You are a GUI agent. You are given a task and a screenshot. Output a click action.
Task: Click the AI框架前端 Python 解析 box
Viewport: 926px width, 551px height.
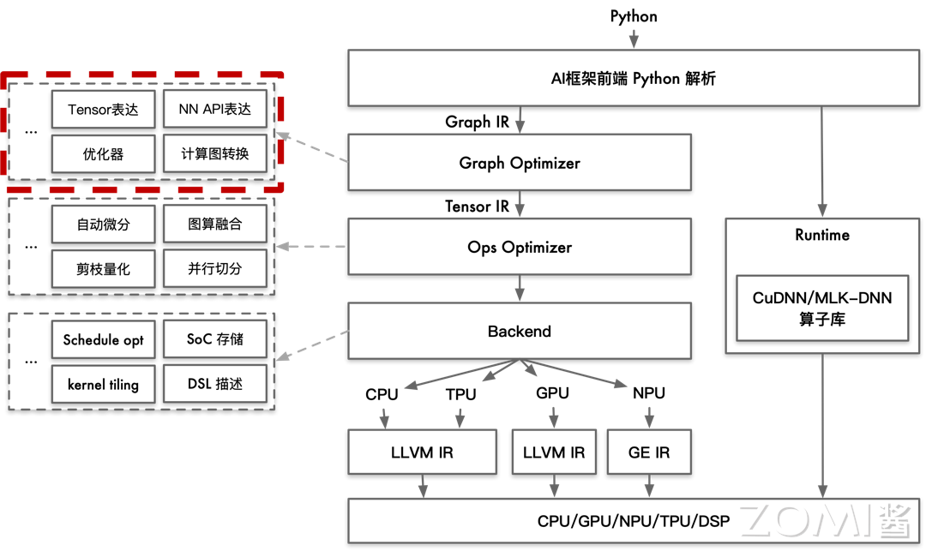[633, 78]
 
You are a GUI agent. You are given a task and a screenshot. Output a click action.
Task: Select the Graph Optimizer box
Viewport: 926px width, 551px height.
[520, 163]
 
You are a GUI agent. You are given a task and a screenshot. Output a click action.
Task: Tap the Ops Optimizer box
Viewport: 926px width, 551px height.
[520, 247]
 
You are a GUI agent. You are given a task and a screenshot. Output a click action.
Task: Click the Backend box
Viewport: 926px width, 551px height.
[520, 331]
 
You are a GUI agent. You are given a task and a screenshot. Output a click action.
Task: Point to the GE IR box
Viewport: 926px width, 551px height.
[648, 452]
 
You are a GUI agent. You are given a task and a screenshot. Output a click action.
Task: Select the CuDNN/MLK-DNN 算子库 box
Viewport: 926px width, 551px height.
[821, 308]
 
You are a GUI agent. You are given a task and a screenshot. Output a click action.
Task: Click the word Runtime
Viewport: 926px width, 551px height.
[821, 235]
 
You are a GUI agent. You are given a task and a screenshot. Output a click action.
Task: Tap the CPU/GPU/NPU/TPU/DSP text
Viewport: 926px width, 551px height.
[633, 520]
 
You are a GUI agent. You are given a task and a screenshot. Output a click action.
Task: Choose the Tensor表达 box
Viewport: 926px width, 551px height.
[103, 110]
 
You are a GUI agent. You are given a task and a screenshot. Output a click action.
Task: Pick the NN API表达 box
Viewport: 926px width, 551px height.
[214, 110]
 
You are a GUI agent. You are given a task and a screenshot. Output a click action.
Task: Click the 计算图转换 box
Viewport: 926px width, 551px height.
[214, 154]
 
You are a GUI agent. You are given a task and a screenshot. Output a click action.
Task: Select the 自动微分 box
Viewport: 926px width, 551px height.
[103, 225]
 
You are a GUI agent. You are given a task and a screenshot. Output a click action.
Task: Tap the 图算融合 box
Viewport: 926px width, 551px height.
[214, 225]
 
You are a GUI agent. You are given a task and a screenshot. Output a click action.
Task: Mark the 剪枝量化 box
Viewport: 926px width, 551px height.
[103, 269]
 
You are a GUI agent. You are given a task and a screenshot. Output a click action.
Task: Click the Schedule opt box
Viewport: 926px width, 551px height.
[103, 339]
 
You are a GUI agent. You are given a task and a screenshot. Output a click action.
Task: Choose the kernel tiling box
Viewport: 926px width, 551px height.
[103, 384]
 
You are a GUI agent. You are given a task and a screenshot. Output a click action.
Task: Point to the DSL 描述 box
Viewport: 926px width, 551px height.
[214, 384]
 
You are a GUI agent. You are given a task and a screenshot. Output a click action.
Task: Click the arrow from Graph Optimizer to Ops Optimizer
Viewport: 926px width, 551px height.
[520, 204]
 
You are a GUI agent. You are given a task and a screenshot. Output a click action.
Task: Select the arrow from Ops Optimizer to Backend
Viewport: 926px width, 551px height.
[520, 288]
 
